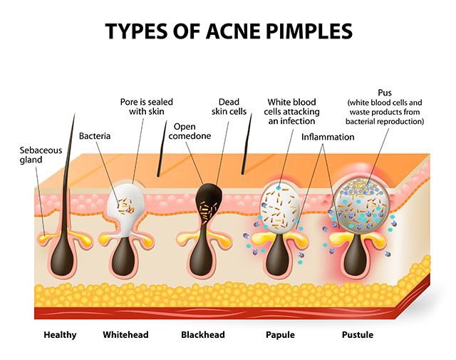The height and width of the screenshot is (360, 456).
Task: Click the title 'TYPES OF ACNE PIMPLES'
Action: pyautogui.click(x=228, y=30)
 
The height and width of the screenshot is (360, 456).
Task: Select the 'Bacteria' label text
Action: pyautogui.click(x=94, y=135)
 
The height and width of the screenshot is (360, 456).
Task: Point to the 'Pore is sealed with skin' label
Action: pyautogui.click(x=146, y=106)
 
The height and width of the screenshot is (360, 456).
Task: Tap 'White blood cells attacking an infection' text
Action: pyautogui.click(x=293, y=111)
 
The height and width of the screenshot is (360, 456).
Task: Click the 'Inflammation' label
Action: pyautogui.click(x=328, y=136)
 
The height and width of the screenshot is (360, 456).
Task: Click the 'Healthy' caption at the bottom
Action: pyautogui.click(x=58, y=334)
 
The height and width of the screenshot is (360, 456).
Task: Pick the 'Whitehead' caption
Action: pyautogui.click(x=125, y=334)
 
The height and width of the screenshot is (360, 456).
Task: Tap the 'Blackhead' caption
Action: pyautogui.click(x=202, y=334)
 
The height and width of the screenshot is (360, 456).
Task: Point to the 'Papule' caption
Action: pyautogui.click(x=280, y=334)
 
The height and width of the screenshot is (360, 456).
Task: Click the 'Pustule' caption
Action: pyautogui.click(x=356, y=334)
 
